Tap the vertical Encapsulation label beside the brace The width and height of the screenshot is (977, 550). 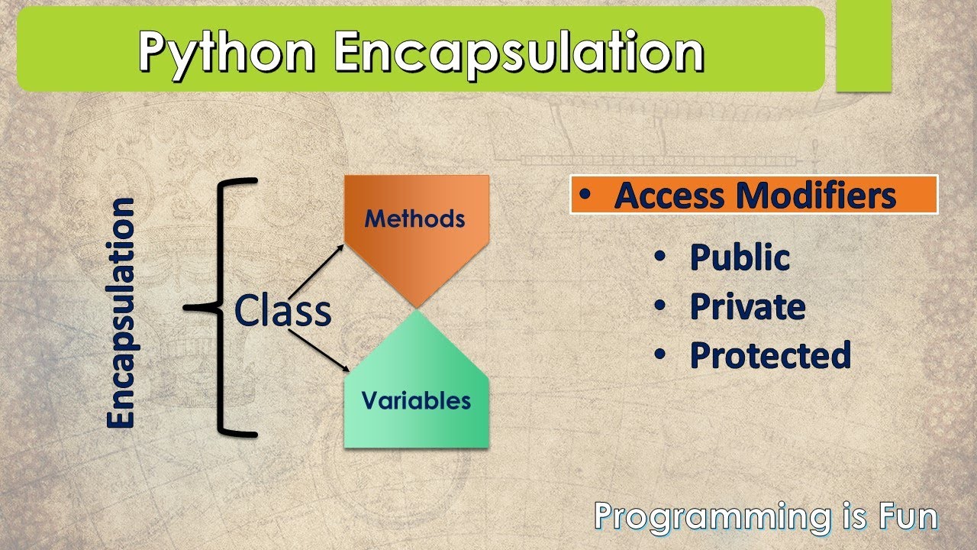tap(121, 313)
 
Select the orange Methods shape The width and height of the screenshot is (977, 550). tap(417, 241)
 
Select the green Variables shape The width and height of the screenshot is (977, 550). tap(417, 379)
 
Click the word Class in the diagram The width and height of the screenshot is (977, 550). tap(282, 310)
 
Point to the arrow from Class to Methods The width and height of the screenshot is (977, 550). tap(316, 272)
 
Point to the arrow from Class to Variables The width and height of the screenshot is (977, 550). tap(319, 351)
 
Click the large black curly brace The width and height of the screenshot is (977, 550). tap(221, 308)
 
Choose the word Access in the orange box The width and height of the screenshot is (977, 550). tap(669, 196)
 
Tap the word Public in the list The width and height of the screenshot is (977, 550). tap(740, 257)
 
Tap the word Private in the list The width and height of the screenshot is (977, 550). tap(748, 306)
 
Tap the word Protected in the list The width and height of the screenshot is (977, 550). tap(771, 355)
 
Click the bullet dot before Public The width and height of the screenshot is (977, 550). tap(660, 256)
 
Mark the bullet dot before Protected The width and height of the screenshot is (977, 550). tap(660, 354)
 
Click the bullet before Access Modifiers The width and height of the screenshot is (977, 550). tap(585, 195)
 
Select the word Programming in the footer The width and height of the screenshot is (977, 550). tap(713, 518)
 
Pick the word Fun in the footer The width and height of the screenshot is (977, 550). tap(908, 516)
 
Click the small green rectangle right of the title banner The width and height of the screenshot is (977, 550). tap(864, 46)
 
